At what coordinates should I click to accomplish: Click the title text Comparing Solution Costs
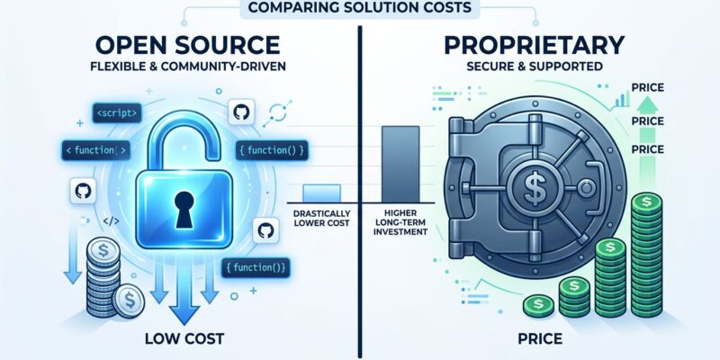coord(359,7)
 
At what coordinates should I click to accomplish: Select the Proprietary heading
coord(533,45)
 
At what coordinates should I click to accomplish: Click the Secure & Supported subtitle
coord(534,67)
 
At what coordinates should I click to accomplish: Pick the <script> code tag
coord(117,112)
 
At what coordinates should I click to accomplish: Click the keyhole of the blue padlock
coord(184,210)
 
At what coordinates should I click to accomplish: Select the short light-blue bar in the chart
coord(321,193)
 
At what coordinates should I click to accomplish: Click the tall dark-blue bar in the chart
coord(400,164)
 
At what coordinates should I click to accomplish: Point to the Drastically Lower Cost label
coord(321,219)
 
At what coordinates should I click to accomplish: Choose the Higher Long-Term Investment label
coord(400,221)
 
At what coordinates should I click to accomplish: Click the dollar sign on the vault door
coord(534,185)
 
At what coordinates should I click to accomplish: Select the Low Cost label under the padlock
coord(184,339)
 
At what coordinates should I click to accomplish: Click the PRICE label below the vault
coord(540,339)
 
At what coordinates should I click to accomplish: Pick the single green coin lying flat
coord(538,304)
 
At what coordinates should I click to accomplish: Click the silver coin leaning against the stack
coord(129,301)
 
